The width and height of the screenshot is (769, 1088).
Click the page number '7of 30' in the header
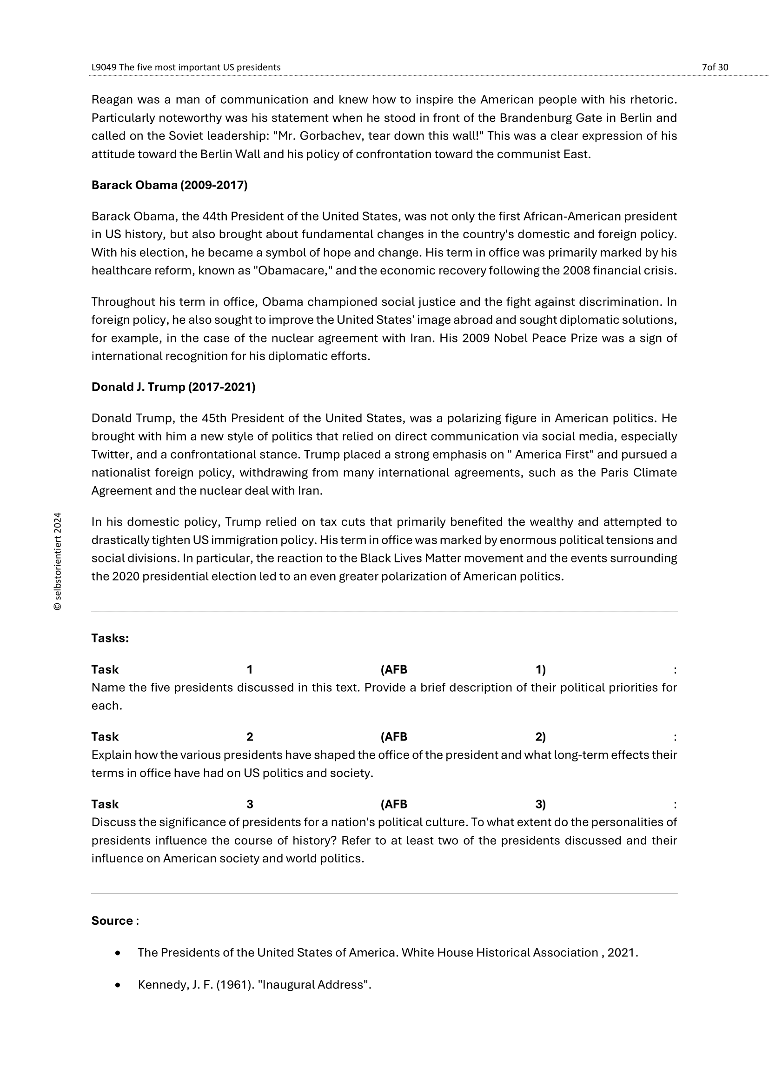point(715,67)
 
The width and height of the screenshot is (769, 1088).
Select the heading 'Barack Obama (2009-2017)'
point(169,185)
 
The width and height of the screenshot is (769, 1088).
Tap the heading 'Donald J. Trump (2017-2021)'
point(173,387)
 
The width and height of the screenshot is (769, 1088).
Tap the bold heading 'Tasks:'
point(110,638)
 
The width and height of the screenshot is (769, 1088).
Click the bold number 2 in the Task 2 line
point(250,737)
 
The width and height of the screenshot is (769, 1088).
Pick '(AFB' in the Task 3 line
point(393,804)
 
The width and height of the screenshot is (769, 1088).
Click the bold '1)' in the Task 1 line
point(540,669)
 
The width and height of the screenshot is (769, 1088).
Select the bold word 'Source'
point(112,921)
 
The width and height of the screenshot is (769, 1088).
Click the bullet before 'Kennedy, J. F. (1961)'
point(118,985)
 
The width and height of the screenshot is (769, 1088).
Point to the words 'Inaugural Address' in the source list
point(314,985)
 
